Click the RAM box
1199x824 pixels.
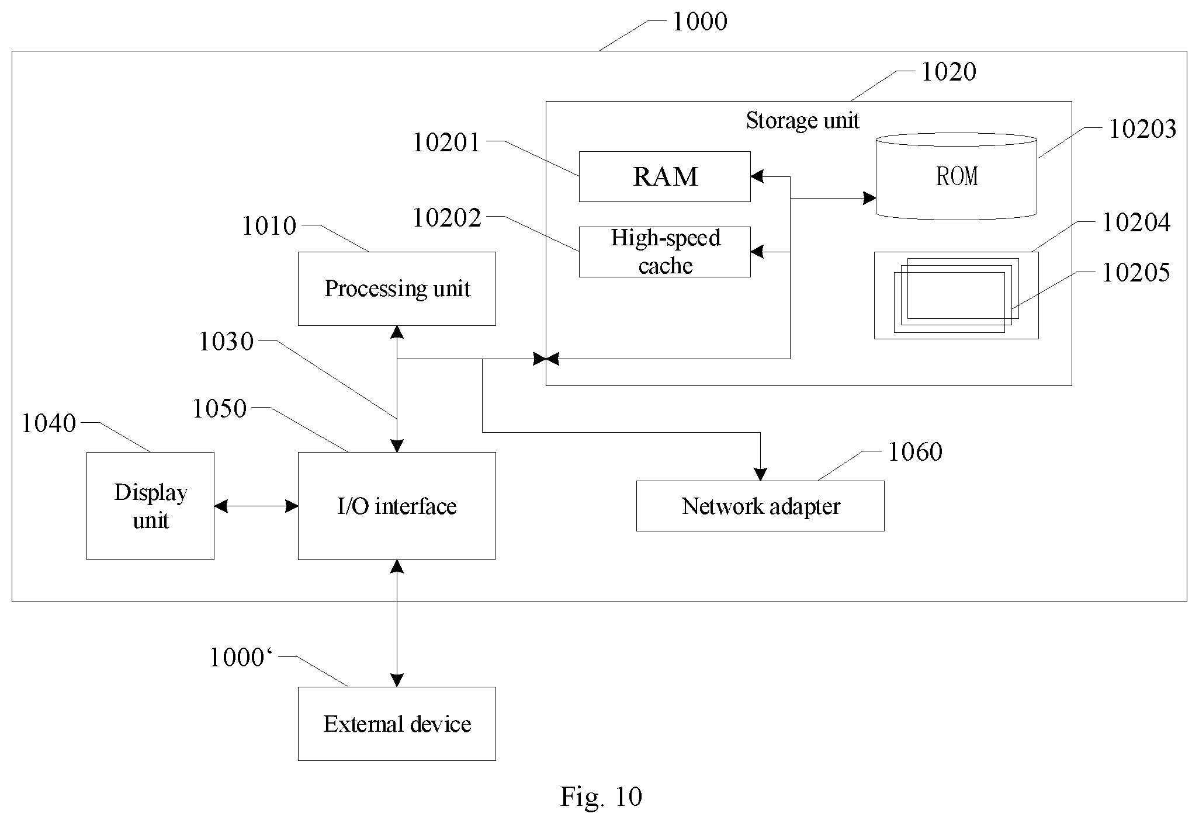[x=664, y=176]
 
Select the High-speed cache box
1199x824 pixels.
[x=664, y=252]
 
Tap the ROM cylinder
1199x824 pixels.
[x=957, y=176]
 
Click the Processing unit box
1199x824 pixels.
[x=397, y=288]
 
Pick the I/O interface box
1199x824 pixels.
[x=397, y=506]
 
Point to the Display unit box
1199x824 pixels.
[x=150, y=506]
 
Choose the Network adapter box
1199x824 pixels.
[x=760, y=506]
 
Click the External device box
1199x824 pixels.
[x=397, y=724]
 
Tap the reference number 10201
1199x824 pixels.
[x=446, y=142]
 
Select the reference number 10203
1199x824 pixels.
[x=1142, y=129]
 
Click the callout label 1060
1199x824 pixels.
[x=915, y=452]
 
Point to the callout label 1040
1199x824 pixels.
[x=48, y=423]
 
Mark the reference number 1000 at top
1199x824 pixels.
[x=700, y=22]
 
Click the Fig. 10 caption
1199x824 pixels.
[x=601, y=797]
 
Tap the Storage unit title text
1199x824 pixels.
[x=802, y=120]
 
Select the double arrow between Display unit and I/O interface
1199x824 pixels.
[x=256, y=506]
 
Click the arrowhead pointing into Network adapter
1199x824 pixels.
[x=760, y=474]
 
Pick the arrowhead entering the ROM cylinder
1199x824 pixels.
[x=869, y=198]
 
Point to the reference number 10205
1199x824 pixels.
[x=1136, y=273]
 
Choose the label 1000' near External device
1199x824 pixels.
[x=241, y=658]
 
